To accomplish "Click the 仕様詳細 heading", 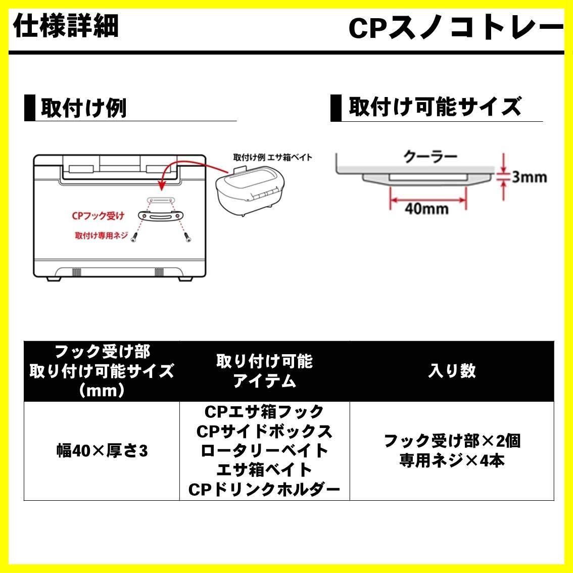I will (x=66, y=26).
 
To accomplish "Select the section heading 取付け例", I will (x=83, y=108).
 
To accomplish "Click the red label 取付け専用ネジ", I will (x=101, y=235).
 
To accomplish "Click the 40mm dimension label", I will (x=427, y=209).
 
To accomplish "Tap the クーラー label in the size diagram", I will (x=431, y=156).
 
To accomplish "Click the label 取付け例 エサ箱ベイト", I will (x=272, y=157).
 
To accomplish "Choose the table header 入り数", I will (x=452, y=371).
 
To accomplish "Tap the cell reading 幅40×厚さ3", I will (x=102, y=451).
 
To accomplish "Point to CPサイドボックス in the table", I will (x=264, y=431).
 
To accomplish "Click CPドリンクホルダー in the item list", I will (x=264, y=489).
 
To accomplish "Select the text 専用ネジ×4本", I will (x=452, y=461).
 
